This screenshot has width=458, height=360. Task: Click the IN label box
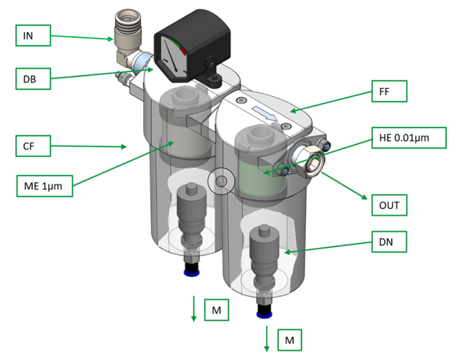[32, 36]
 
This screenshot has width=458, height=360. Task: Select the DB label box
[32, 79]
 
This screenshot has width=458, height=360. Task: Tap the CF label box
[32, 144]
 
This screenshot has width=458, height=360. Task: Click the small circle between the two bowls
[221, 182]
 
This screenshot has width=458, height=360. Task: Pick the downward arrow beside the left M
[194, 309]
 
